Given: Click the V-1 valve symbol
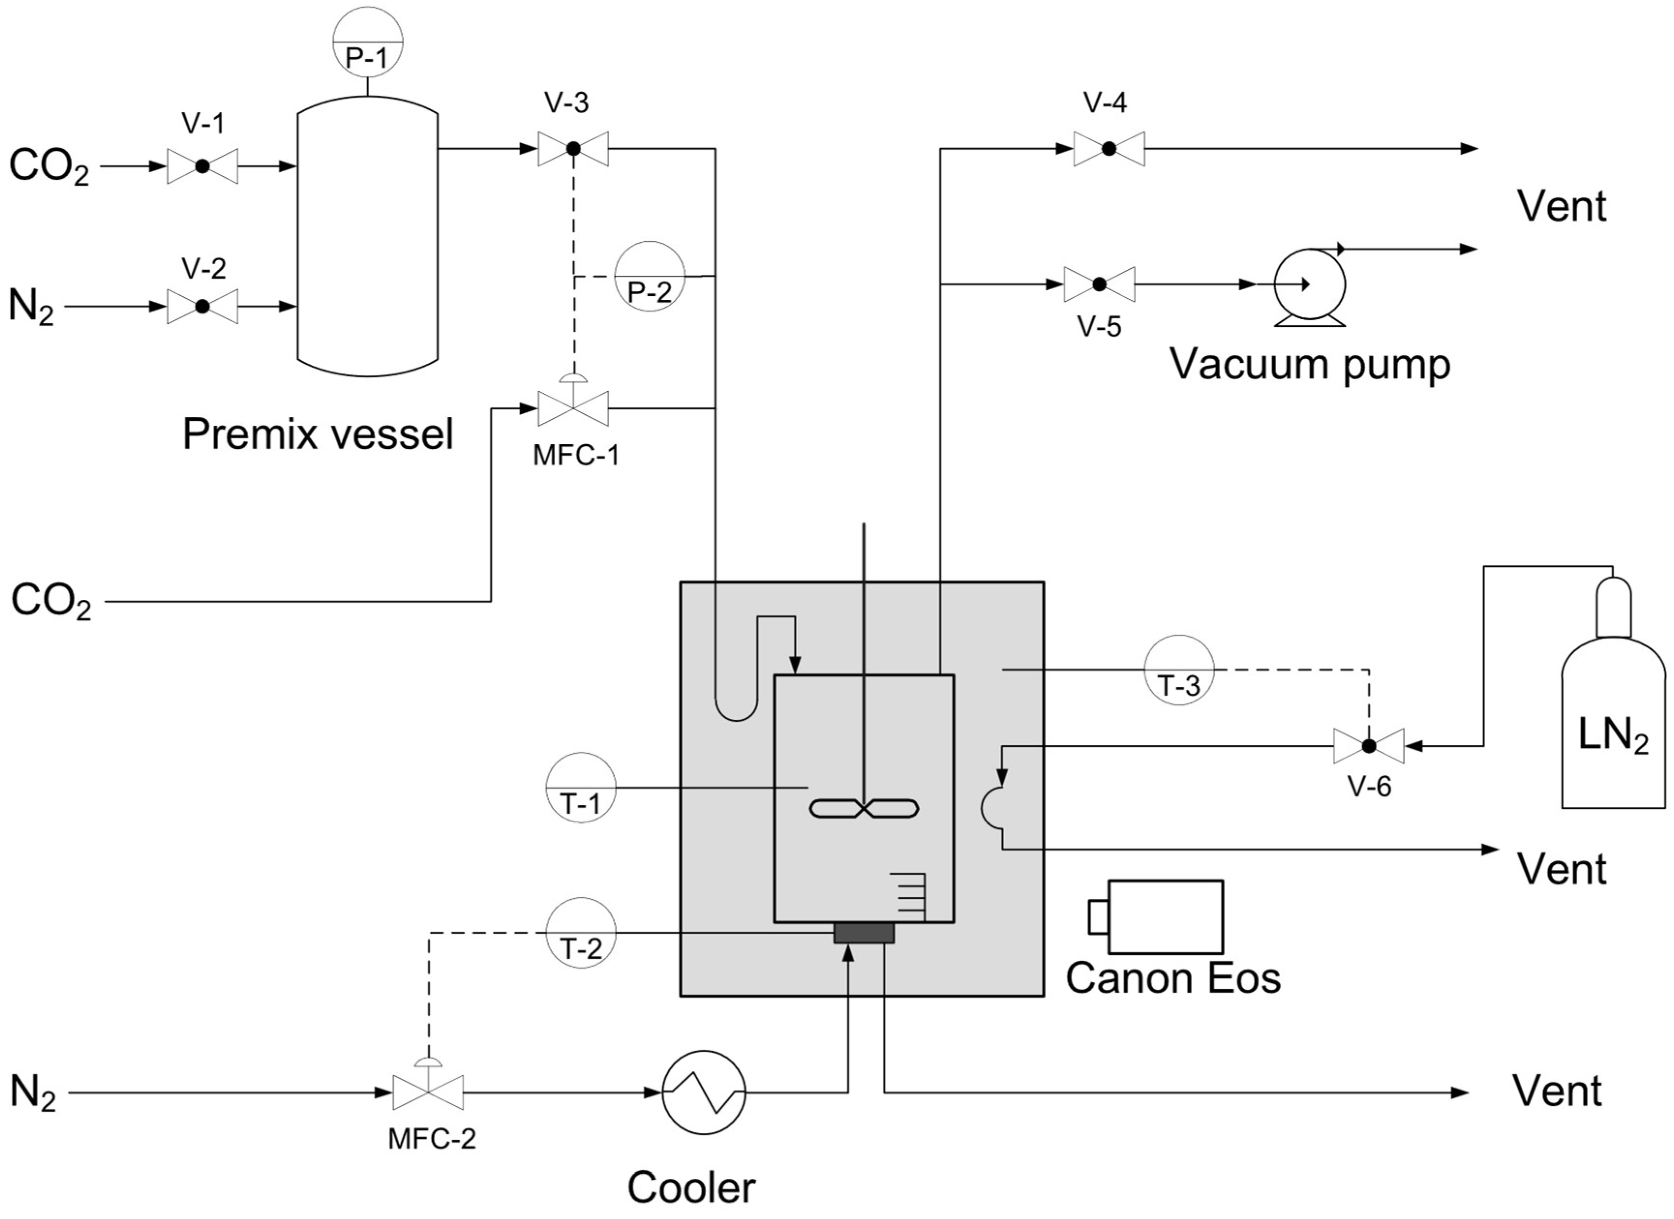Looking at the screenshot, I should pos(202,166).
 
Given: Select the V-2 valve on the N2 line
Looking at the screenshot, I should pos(202,306).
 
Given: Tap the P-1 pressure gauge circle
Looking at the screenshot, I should pos(368,42).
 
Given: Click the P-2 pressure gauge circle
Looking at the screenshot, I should pos(649,276).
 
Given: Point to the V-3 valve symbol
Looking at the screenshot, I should pos(573,149).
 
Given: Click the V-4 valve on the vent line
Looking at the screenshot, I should pos(1109,149).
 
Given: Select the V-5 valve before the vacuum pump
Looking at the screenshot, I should pos(1099,284).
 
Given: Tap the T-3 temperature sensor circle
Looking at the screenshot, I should pos(1179,670).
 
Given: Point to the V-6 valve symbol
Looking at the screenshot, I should pos(1369,746).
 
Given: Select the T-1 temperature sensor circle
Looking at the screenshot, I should pos(581,788).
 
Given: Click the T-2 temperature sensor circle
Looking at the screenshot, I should pos(581,933).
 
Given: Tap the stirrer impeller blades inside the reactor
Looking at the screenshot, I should pos(863,809).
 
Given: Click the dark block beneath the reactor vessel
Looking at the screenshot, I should pos(863,933).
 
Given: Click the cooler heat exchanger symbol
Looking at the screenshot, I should pos(703,1092).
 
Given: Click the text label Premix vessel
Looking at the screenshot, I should pos(317,434).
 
